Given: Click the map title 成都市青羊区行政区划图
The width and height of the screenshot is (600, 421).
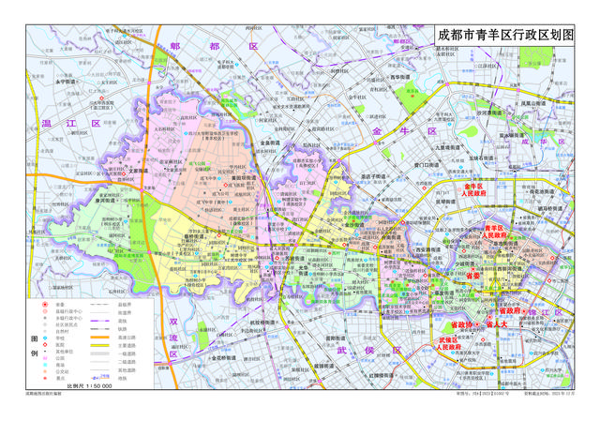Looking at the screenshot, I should [x=503, y=34].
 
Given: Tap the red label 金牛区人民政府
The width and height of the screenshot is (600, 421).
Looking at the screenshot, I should [x=472, y=190].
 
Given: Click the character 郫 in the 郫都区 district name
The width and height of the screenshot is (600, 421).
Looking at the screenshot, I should [x=176, y=46].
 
